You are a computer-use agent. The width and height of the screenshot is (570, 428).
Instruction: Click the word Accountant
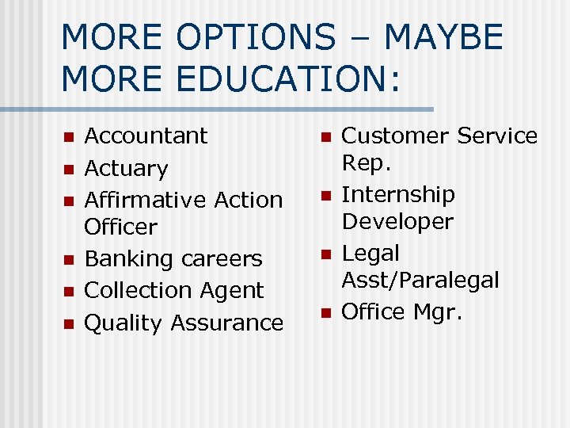(146, 136)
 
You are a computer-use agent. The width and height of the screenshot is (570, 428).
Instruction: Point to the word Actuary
(126, 169)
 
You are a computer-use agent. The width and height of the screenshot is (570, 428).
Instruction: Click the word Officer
(120, 227)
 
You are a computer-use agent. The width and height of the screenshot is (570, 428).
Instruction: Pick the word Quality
(123, 323)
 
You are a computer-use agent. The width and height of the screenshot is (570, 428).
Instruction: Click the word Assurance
(226, 323)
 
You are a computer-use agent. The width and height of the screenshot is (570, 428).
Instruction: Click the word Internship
(397, 194)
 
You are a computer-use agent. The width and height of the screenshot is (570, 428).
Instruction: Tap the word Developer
(397, 221)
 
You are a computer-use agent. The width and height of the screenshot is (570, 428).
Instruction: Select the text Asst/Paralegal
(420, 280)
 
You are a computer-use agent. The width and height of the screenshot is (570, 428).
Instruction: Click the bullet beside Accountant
(68, 137)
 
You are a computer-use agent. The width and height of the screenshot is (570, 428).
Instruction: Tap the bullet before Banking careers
(68, 260)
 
